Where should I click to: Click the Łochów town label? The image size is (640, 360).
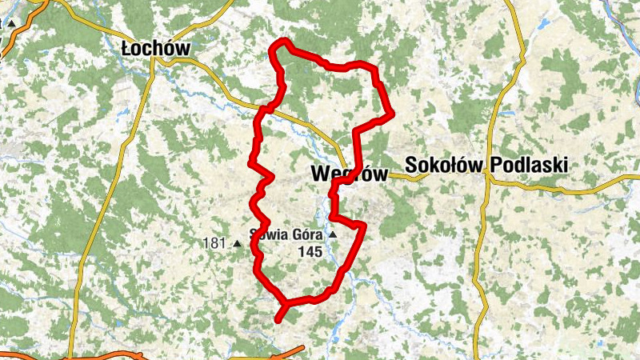tap(155, 48)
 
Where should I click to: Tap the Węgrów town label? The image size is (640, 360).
tap(348, 174)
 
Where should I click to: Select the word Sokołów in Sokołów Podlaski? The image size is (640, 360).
tap(445, 165)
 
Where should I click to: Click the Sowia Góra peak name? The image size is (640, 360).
tap(286, 235)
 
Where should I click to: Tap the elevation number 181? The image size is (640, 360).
tap(215, 242)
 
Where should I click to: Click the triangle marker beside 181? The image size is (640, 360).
tap(237, 242)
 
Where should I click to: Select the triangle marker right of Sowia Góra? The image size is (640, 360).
tap(332, 235)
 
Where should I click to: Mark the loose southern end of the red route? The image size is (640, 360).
tap(278, 320)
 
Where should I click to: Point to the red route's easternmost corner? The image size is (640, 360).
tap(391, 116)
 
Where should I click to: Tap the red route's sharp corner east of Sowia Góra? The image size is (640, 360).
tap(363, 226)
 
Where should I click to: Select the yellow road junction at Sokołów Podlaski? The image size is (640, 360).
tap(487, 178)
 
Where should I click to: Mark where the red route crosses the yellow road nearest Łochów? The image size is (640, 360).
tap(268, 107)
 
